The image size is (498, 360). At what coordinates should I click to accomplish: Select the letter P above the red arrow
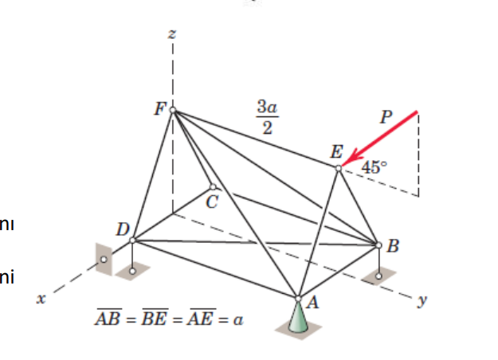point(386,117)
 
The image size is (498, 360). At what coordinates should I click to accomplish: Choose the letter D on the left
point(122,230)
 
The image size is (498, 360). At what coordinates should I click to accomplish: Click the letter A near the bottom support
point(312,302)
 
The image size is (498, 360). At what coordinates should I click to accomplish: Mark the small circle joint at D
point(132,240)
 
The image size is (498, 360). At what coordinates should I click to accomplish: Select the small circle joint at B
point(378,245)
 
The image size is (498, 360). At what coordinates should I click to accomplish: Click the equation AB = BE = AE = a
point(169,320)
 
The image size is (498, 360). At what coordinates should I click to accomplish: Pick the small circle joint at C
point(212,187)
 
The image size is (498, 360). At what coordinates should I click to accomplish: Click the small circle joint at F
point(172,111)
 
